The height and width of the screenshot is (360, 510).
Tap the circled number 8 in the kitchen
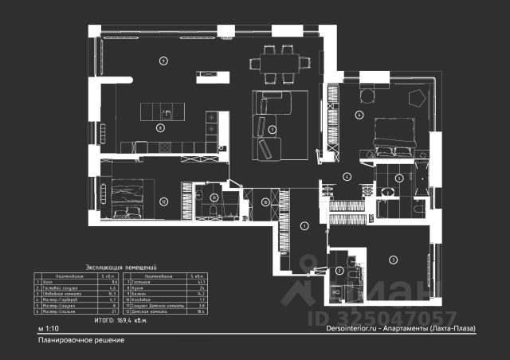click(x=160, y=127)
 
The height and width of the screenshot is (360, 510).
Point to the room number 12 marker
click(x=164, y=202)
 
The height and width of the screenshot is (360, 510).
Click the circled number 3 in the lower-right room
click(x=392, y=260)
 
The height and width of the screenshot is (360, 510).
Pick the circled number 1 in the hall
click(x=304, y=226)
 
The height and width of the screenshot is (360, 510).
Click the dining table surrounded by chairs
click(x=276, y=62)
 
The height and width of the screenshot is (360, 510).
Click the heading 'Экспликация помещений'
click(x=120, y=268)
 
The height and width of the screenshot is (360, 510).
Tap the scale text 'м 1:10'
click(x=48, y=328)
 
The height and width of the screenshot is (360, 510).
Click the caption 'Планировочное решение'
click(x=80, y=340)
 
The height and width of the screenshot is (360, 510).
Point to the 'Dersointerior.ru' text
click(x=335, y=328)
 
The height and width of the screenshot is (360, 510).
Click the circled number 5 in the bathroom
click(x=399, y=178)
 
